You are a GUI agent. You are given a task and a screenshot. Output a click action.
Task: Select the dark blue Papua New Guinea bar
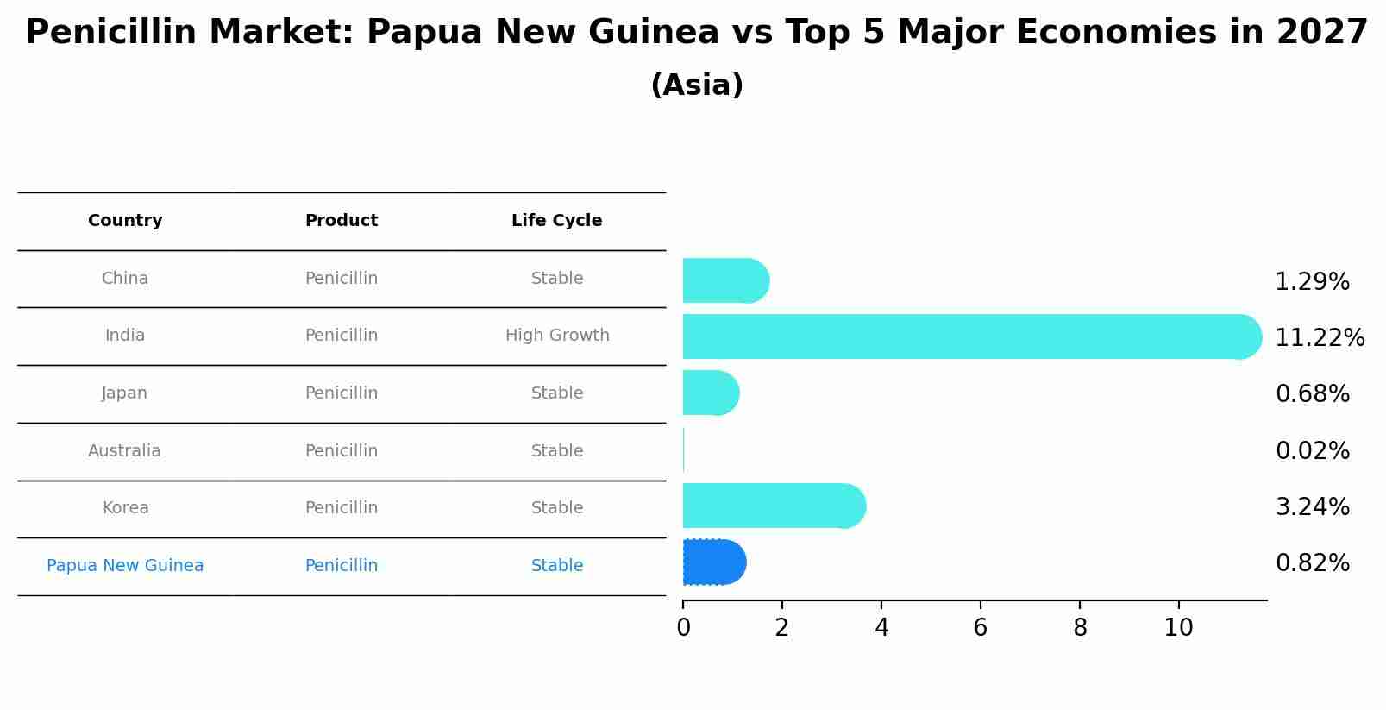713,562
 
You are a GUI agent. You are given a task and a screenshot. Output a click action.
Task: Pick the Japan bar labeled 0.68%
710,393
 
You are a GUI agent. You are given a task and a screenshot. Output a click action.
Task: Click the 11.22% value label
1319,337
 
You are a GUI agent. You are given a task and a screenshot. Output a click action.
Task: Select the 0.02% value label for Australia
1312,450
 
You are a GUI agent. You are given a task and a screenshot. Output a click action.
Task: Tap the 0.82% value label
1312,563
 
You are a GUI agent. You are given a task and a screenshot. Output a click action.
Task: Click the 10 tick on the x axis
1178,627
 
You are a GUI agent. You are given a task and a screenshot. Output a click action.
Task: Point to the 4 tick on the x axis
881,627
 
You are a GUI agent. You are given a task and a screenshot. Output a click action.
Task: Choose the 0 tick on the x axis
683,627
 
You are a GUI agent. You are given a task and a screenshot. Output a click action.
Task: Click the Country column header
125,221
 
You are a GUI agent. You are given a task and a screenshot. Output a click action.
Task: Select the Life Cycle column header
556,221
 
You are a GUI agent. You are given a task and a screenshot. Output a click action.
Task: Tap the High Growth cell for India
556,336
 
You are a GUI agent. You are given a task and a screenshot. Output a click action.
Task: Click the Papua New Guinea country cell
125,566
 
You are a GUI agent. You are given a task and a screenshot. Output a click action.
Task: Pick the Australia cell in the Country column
124,451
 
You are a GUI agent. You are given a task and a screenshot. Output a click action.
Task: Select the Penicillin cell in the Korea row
341,508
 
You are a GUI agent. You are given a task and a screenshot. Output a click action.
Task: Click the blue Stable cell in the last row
556,566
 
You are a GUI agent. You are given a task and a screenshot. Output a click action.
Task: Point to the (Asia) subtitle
696,85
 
